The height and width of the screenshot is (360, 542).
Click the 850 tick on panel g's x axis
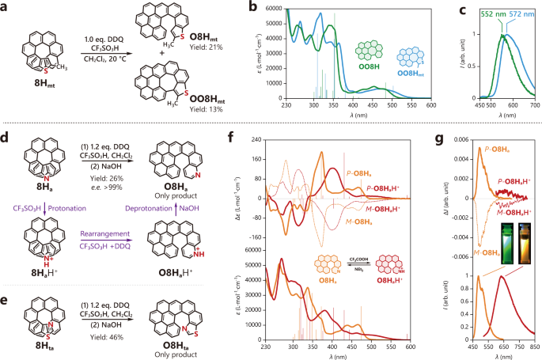tap(533, 345)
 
